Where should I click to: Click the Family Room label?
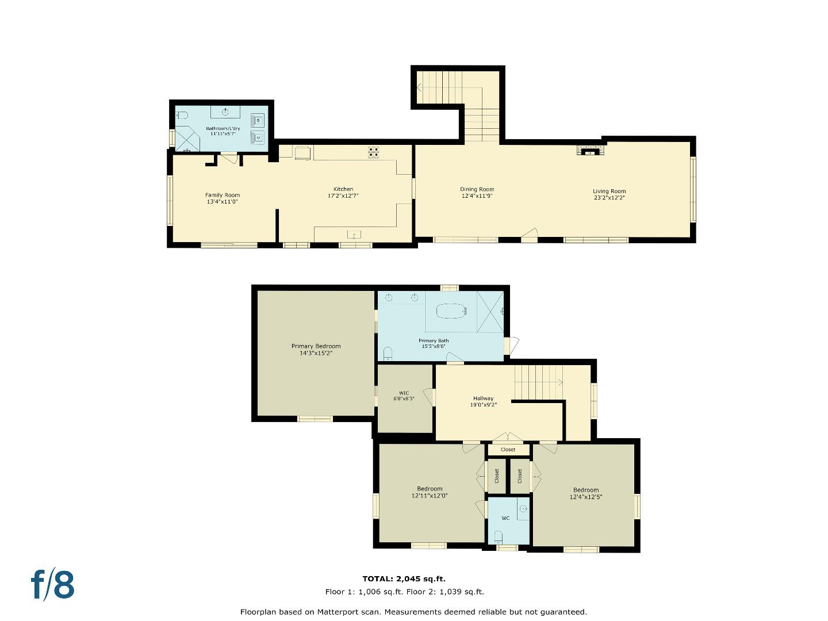(x=223, y=195)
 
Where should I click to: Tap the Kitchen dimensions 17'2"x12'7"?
(x=343, y=196)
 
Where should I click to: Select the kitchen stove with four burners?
(x=374, y=152)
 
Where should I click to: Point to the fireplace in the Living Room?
(x=589, y=151)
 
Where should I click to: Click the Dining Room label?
(x=477, y=189)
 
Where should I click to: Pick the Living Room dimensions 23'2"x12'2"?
(x=609, y=198)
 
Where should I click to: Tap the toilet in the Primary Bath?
(x=388, y=352)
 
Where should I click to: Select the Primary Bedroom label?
(x=316, y=346)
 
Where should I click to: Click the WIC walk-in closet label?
(x=404, y=393)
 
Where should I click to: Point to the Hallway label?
(x=483, y=398)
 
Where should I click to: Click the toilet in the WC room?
(x=498, y=537)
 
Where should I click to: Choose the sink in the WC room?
(x=523, y=509)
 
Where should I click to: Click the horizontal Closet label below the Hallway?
(x=508, y=450)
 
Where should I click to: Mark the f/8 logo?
(x=52, y=584)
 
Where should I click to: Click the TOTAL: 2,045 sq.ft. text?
(x=404, y=579)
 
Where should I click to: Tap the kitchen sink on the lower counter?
(x=354, y=234)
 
